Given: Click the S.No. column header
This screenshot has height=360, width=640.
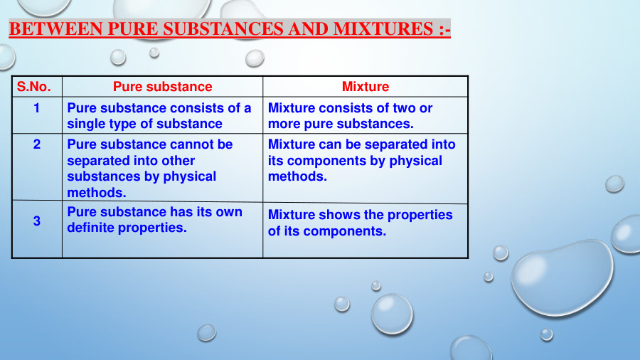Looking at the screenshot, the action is (34, 87).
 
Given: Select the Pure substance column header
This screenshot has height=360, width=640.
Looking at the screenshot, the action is (162, 87).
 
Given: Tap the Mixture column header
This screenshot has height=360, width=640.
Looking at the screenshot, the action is (366, 87).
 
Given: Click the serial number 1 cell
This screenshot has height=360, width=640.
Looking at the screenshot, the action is (37, 107).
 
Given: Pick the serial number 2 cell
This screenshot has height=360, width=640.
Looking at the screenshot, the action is (37, 144).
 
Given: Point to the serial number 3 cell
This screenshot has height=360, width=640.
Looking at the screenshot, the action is (37, 221).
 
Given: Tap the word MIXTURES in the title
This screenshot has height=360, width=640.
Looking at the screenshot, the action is (383, 29).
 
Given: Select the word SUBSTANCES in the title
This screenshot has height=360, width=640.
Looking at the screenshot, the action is (223, 29).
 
